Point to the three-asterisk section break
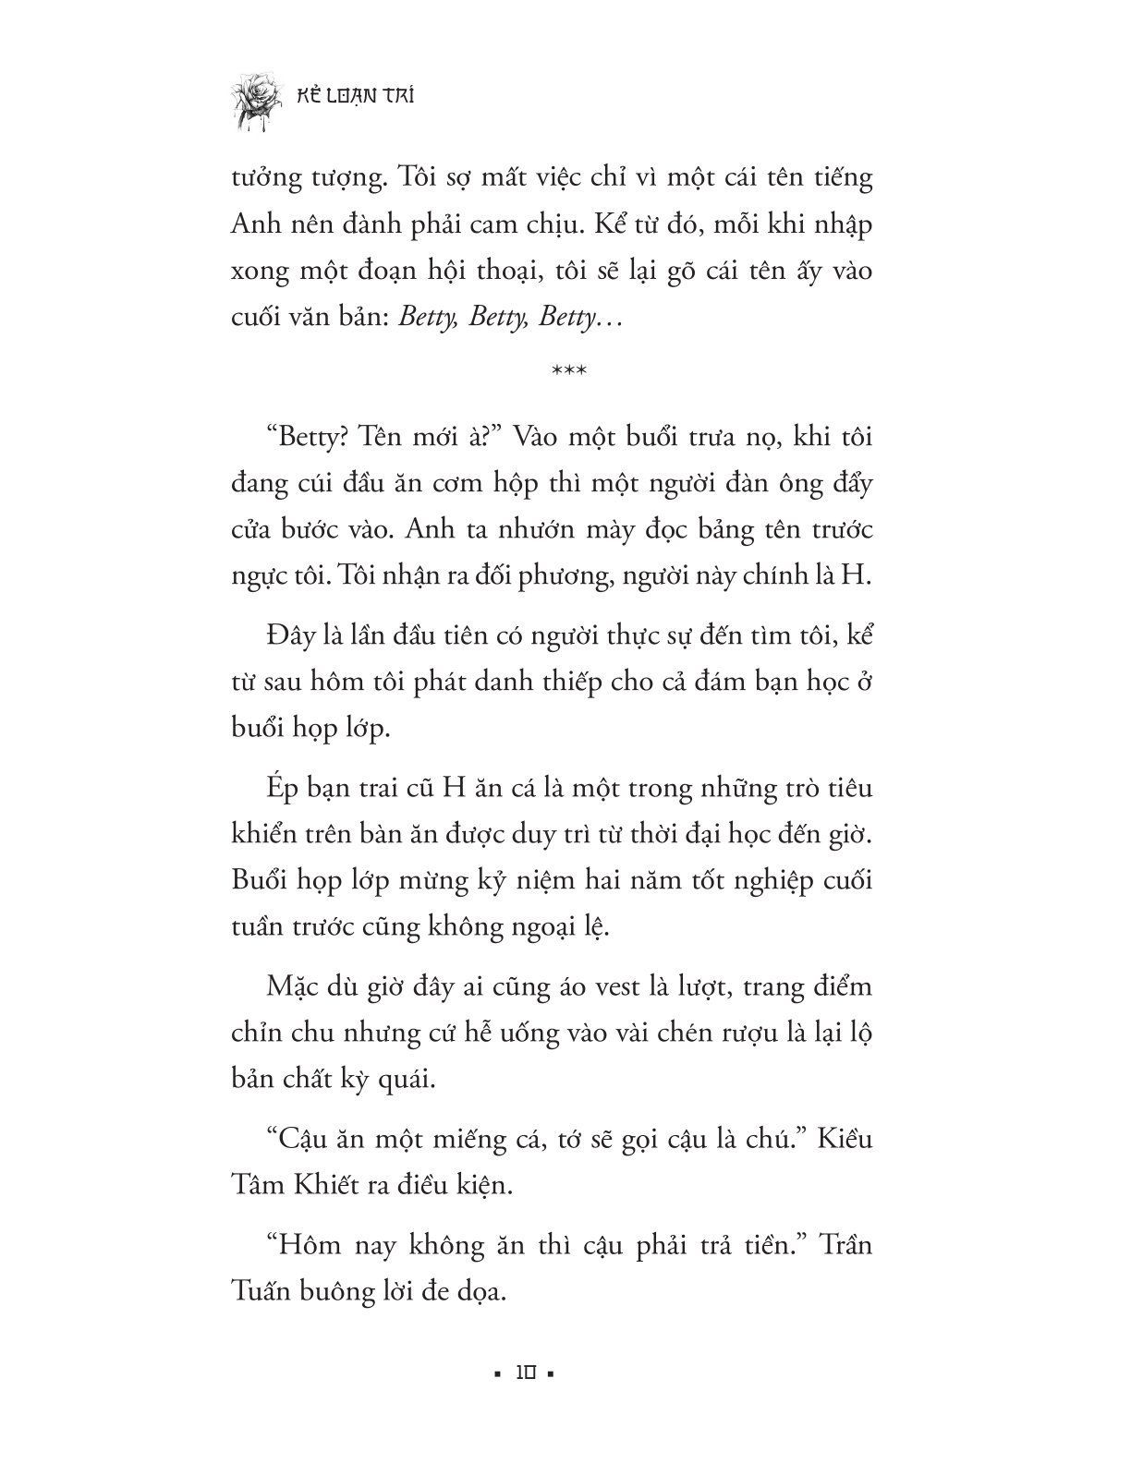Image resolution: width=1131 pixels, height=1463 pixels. (x=565, y=372)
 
